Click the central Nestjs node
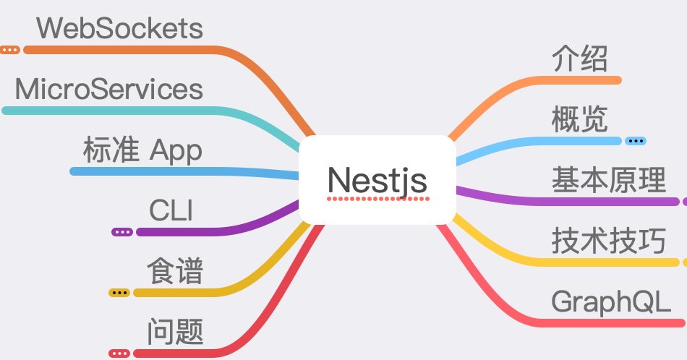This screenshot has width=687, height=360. point(377,179)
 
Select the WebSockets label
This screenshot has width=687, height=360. point(119,29)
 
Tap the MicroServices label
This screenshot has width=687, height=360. point(108,90)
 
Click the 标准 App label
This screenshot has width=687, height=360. point(142,151)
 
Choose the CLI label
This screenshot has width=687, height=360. point(171,212)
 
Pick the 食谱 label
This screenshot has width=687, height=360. point(175,273)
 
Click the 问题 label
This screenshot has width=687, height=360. point(175,333)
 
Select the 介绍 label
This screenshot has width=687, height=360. point(579,59)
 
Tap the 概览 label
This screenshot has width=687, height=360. point(579,119)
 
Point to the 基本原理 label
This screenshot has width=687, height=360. point(608,179)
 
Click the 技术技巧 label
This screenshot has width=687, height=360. point(608,240)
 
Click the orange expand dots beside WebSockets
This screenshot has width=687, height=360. point(9,50)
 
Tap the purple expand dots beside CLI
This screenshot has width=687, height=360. point(121,232)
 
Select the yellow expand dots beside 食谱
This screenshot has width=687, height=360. point(119,293)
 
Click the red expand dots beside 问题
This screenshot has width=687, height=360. point(119,353)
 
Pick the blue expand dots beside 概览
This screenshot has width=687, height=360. point(636,141)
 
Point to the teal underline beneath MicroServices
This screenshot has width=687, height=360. point(108,111)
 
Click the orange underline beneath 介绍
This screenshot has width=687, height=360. point(586,80)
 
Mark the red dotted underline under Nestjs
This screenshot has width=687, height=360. point(377,197)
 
